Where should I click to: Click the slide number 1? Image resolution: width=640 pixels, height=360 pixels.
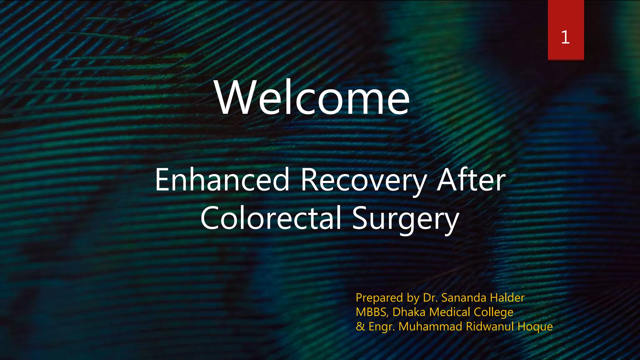pos(565,37)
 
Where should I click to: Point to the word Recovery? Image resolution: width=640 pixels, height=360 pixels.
pos(364,181)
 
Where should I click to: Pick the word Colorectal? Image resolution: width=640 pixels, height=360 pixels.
pos(271,218)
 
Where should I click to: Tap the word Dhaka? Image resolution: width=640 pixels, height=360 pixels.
pos(409,312)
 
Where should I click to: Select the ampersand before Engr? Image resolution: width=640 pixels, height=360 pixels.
pos(360,327)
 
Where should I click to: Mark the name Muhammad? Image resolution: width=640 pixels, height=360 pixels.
pos(430,327)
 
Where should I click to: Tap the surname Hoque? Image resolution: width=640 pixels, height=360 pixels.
pos(535,327)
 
